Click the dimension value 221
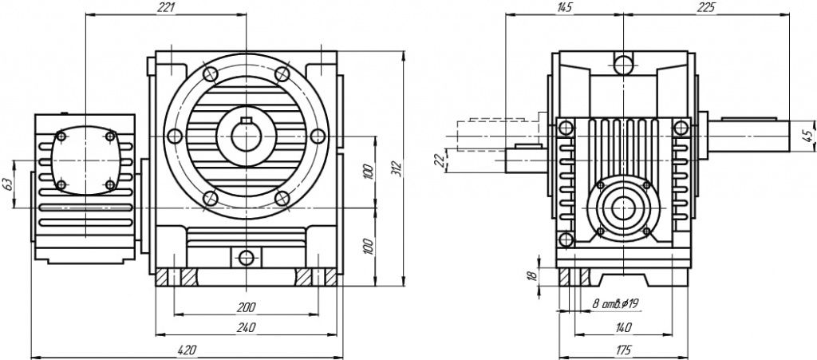[166, 7]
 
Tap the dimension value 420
[187, 349]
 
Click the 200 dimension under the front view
[246, 307]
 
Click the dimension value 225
[705, 7]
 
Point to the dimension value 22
[438, 160]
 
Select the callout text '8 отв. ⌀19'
[614, 303]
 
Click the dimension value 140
[624, 326]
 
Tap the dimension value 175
[624, 349]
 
